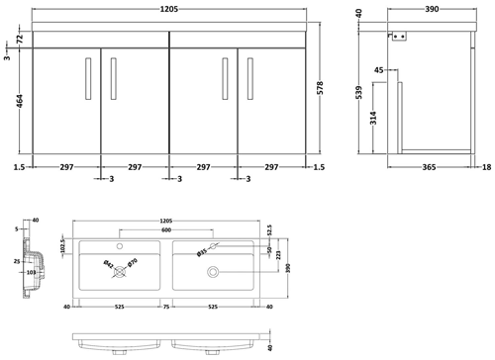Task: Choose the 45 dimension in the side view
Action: point(379,71)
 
